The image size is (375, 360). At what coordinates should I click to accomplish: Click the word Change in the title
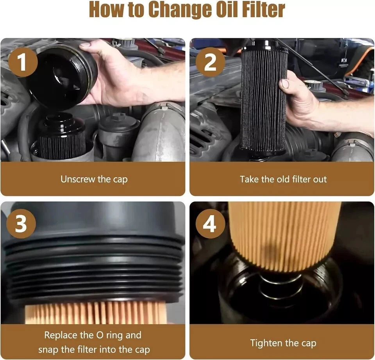[x=179, y=11]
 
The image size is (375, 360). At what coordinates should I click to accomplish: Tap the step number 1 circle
[x=23, y=62]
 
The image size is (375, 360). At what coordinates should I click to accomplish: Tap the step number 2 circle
[x=210, y=62]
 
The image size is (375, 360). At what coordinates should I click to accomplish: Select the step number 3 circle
[x=21, y=224]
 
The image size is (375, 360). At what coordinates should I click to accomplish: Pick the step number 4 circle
[x=210, y=224]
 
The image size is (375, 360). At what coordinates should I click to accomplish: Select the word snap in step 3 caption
[x=48, y=350]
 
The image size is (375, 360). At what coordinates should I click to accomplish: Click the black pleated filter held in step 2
[x=264, y=98]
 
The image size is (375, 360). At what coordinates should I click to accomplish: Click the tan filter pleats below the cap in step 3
[x=96, y=312]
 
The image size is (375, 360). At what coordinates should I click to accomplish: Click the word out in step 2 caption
[x=320, y=179]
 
